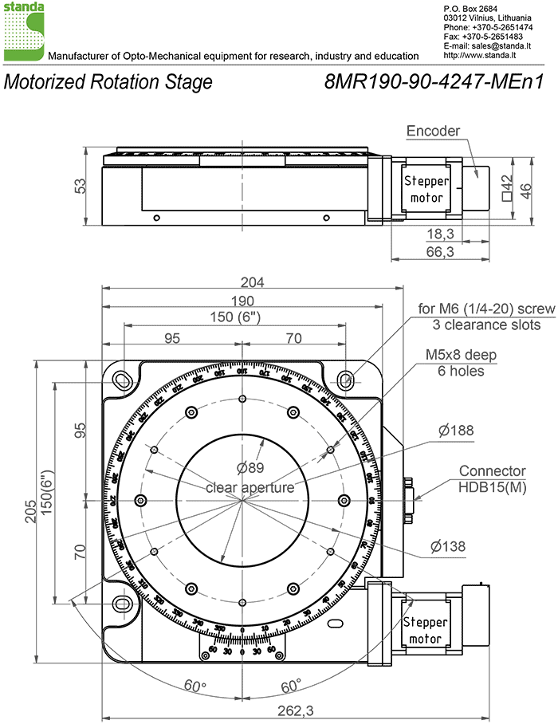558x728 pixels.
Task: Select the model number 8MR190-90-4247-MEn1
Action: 434,81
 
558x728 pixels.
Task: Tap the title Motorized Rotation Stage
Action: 108,81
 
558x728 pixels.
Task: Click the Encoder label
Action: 433,131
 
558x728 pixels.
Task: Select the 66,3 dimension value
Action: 440,252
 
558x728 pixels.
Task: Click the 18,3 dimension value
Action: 440,233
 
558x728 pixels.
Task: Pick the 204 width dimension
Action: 253,281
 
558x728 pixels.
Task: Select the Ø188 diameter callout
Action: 455,431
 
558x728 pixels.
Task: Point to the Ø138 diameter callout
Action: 447,546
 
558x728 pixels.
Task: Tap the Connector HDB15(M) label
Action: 492,478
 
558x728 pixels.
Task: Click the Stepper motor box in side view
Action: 428,189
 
